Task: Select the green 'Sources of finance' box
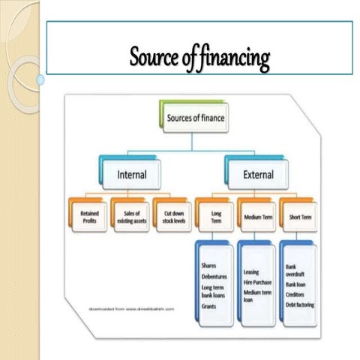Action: (194, 118)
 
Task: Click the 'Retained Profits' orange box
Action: (88, 216)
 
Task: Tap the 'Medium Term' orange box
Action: (257, 216)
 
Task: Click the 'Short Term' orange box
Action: (298, 216)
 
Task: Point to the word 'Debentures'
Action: (214, 276)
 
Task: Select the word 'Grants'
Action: (209, 305)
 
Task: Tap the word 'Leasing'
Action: (252, 271)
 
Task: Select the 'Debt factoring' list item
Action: (300, 305)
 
